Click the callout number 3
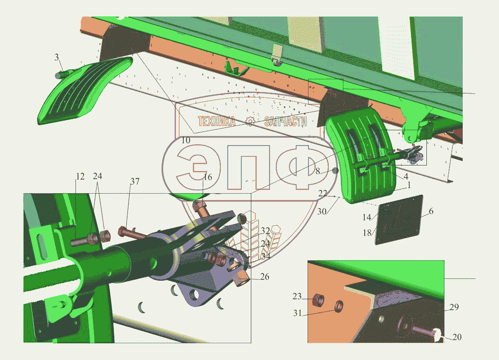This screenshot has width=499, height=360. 57,57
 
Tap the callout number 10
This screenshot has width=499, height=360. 186,140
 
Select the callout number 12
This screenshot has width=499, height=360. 80,176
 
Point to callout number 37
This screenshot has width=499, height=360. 135,181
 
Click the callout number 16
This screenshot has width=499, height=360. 207,177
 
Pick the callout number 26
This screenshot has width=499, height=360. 265,277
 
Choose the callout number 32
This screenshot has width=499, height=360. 265,231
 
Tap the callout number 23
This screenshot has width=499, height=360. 297,297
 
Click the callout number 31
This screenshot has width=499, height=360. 297,313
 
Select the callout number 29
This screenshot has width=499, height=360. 454,307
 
